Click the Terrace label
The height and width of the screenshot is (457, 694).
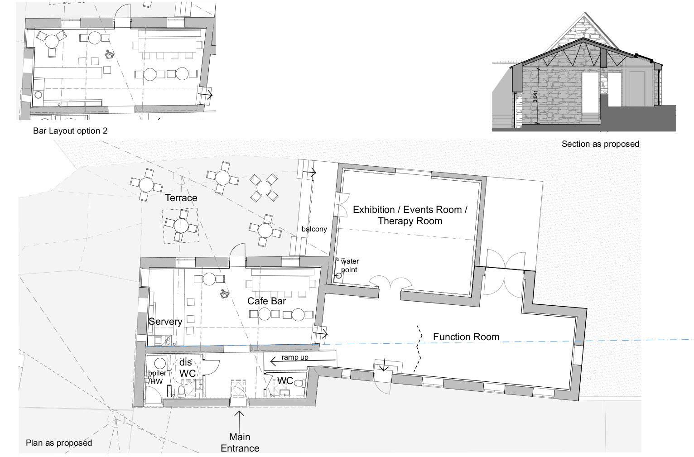tap(181, 197)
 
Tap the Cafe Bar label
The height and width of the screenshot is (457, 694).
tap(266, 301)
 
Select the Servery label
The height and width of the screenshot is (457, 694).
tap(165, 322)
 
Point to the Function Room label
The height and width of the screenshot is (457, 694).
tap(466, 337)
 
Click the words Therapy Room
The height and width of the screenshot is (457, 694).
tap(410, 221)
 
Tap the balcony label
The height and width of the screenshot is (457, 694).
tap(314, 229)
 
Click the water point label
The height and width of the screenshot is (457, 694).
tap(350, 265)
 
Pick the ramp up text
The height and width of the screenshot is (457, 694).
tap(295, 357)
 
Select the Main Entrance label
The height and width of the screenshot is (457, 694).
tap(240, 443)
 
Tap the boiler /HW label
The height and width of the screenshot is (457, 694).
tap(157, 377)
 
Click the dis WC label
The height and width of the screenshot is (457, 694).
tap(187, 368)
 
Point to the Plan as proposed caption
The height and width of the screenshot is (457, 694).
tap(59, 443)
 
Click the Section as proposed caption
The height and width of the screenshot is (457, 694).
tap(600, 144)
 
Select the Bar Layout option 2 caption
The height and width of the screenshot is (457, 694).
tap(70, 131)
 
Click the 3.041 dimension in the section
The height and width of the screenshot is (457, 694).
tap(535, 96)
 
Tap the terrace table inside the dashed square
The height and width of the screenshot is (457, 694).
tap(181, 226)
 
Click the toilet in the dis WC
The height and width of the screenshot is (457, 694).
tap(182, 391)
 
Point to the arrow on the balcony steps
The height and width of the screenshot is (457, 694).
tap(309, 172)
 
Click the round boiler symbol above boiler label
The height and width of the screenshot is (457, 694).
tap(160, 363)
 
